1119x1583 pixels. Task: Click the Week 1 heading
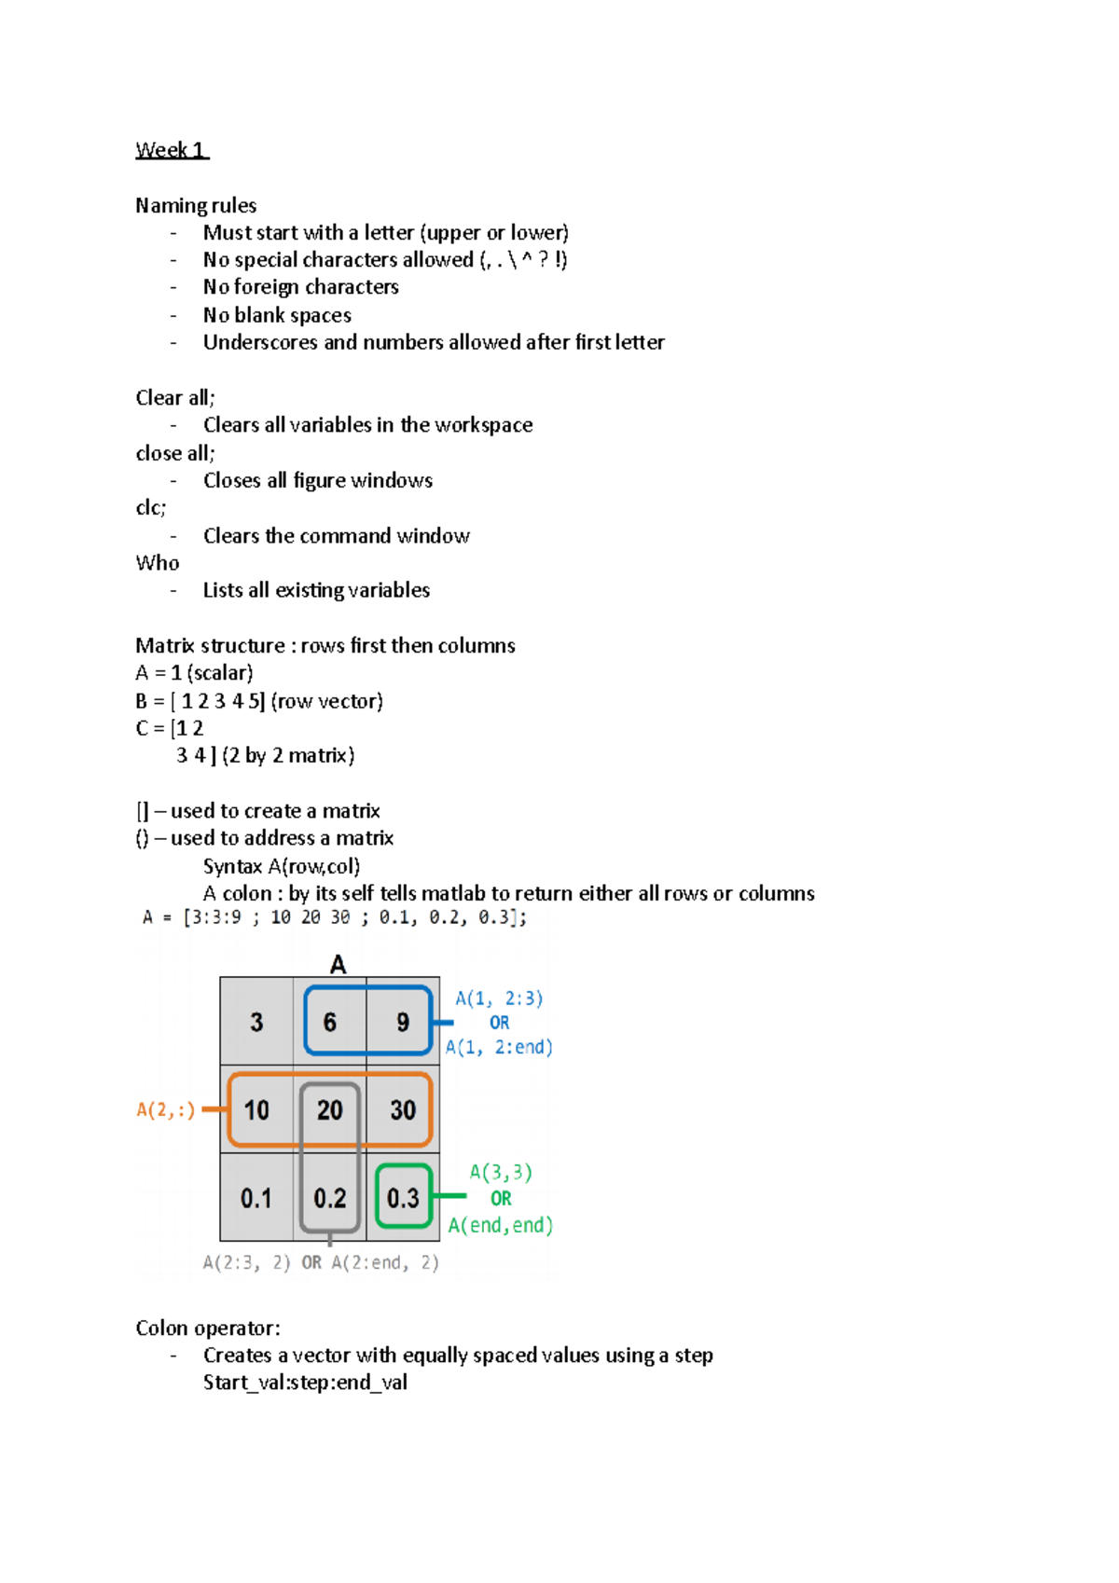172,150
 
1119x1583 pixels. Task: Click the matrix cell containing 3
256,1023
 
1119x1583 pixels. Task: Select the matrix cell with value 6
330,1023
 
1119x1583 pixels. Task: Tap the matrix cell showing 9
403,1023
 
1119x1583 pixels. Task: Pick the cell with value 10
256,1110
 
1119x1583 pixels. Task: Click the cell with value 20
330,1110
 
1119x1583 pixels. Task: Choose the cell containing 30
403,1110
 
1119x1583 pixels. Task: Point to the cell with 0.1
256,1198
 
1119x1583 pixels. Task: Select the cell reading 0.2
330,1198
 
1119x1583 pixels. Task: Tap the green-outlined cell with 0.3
403,1198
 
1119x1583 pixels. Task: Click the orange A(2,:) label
166,1110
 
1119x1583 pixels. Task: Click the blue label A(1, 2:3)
499,999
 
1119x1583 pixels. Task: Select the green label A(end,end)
501,1226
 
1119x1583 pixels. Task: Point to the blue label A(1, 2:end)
499,1048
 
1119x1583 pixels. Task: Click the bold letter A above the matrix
338,965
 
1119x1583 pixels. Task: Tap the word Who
158,563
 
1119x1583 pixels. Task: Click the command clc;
151,508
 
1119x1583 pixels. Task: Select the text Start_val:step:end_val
305,1383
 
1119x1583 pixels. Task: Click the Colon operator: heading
208,1328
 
